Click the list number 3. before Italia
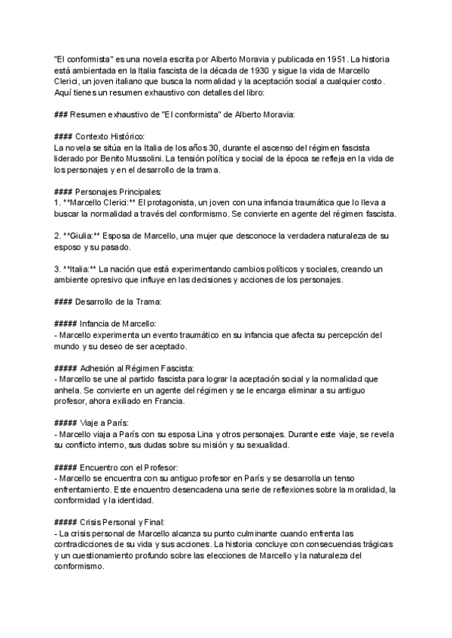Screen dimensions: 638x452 [x=59, y=269]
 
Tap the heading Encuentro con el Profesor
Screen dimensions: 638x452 [x=130, y=467]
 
